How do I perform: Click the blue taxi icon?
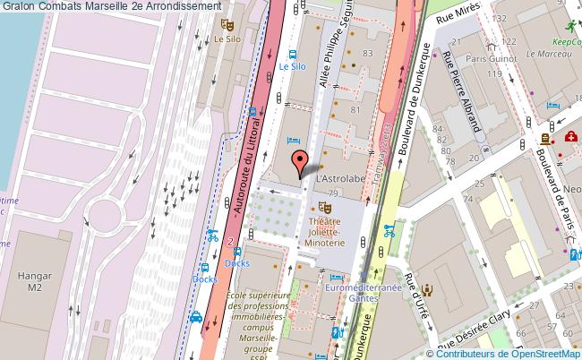click(x=196, y=317)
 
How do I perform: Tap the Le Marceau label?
click(x=543, y=52)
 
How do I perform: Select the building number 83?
click(x=367, y=54)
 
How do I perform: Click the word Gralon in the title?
click(x=18, y=6)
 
